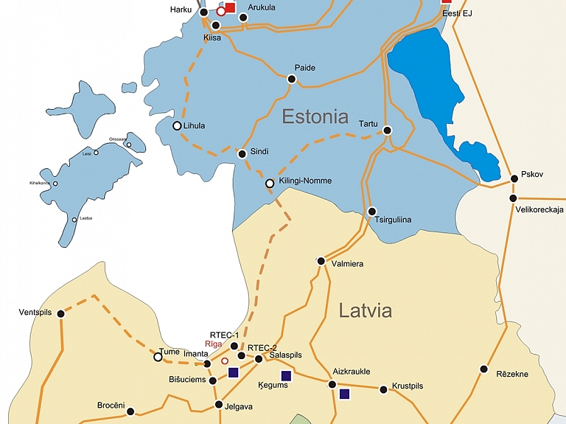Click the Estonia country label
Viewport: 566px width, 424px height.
tap(315, 117)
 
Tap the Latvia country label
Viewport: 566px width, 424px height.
tap(365, 310)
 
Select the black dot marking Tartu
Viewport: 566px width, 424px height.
tap(388, 131)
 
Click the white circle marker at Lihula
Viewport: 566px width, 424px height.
tap(177, 126)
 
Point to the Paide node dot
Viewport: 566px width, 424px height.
tap(292, 79)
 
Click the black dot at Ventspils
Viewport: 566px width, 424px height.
tap(61, 313)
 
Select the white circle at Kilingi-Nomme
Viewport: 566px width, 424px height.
tap(270, 183)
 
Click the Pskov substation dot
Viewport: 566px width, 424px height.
tap(514, 178)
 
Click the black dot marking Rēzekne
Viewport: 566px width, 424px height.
tap(483, 369)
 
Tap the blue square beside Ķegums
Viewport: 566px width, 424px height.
tap(287, 375)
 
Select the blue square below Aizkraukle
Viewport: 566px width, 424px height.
tap(344, 394)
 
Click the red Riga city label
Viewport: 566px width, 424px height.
tap(213, 344)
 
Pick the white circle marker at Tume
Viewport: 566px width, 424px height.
tap(158, 357)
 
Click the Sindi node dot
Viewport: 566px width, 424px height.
tap(242, 154)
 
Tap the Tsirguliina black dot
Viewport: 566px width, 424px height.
tap(372, 211)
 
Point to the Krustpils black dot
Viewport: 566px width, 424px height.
tap(383, 389)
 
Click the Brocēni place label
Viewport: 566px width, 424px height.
tap(111, 406)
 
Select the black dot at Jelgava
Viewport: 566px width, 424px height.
tap(219, 404)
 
